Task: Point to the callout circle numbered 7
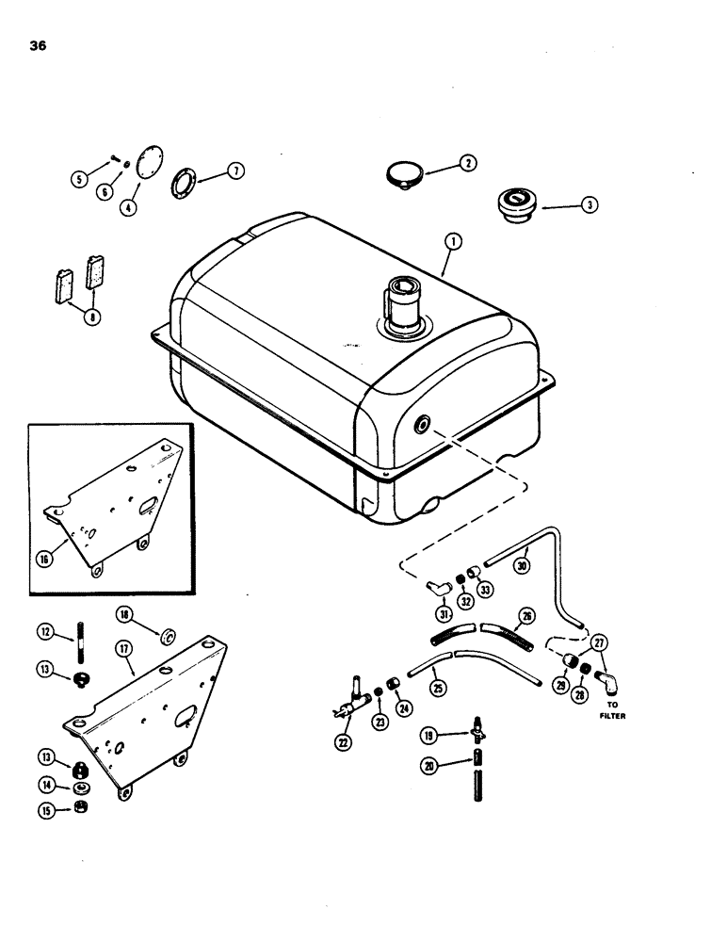(233, 170)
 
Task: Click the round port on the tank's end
(419, 425)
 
